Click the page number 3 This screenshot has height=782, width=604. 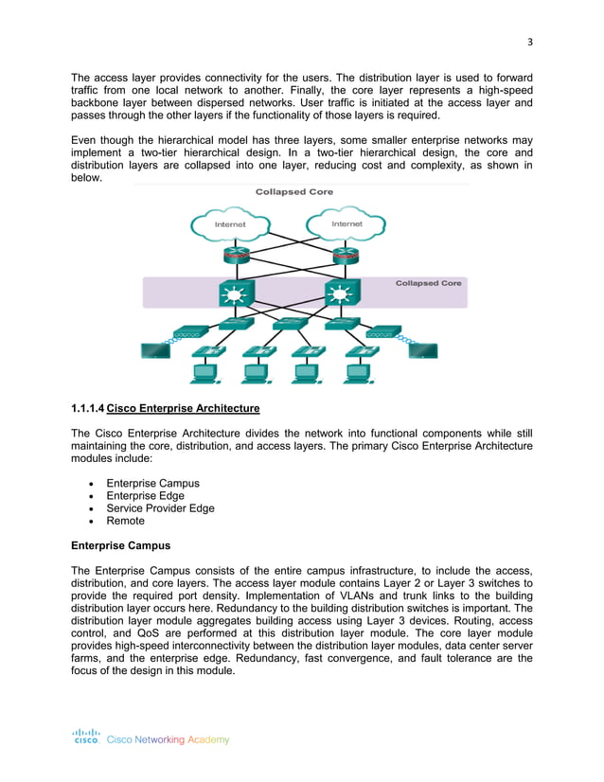[530, 41]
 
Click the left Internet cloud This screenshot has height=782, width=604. [229, 224]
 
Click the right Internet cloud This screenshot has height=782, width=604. [346, 223]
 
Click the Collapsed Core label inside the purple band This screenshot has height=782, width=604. [428, 283]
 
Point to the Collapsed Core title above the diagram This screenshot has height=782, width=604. [293, 191]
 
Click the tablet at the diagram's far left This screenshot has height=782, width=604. [154, 351]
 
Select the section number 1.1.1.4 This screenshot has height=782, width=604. [88, 409]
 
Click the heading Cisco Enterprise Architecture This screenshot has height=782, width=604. [184, 409]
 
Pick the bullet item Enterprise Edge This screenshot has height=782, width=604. [145, 495]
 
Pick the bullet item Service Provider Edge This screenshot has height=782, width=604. [160, 508]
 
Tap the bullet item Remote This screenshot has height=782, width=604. [126, 521]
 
